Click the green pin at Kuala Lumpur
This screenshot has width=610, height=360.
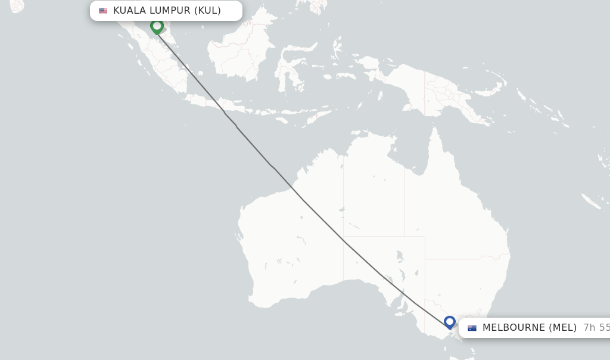coord(157,26)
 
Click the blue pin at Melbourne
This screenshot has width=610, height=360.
coord(450,322)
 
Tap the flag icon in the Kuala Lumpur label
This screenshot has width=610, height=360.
coord(103,11)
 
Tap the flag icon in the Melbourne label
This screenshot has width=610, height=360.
coord(472,328)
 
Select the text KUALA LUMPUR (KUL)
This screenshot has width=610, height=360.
coord(167,11)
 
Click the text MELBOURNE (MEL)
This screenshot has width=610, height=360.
coord(529,328)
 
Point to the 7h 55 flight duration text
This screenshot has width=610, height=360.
coord(596,328)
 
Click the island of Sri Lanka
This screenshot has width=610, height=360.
coord(16,5)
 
